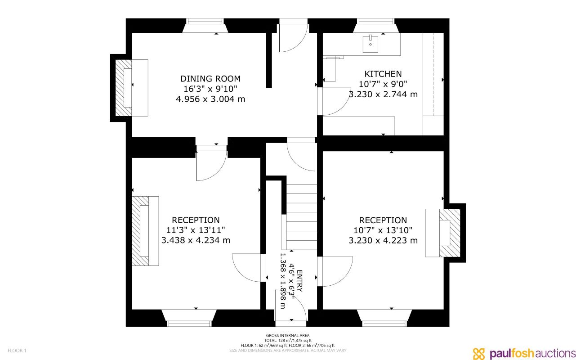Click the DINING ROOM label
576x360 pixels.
click(x=210, y=79)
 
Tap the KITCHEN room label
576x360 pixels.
click(x=383, y=74)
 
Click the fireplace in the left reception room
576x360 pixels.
click(x=144, y=231)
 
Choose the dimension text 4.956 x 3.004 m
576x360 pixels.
click(x=210, y=99)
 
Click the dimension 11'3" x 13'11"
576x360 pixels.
click(x=196, y=230)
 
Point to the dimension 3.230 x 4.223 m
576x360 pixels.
click(x=383, y=241)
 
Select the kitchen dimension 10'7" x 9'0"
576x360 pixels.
click(x=383, y=84)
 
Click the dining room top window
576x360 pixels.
click(x=205, y=21)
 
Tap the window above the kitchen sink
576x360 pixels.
click(x=376, y=21)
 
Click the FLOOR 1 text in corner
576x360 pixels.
click(x=17, y=351)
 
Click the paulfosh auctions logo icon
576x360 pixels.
click(x=479, y=353)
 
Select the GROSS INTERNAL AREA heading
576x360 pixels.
click(x=288, y=336)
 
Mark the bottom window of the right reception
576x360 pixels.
click(x=384, y=323)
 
